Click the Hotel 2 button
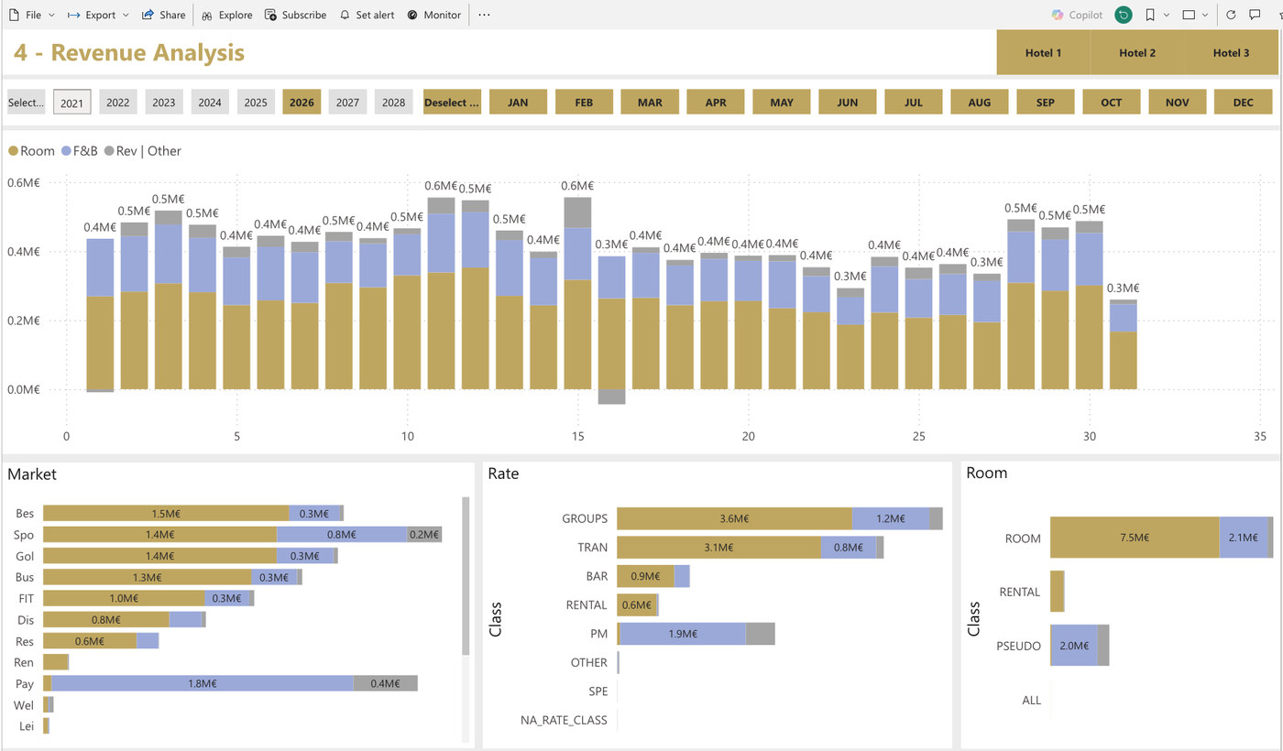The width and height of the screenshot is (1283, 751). pos(1137,53)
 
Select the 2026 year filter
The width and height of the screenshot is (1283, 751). pos(302,103)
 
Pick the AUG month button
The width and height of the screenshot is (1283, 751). pos(979,103)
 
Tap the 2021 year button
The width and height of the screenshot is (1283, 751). pos(71,103)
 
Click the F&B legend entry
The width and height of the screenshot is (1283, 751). pos(80,151)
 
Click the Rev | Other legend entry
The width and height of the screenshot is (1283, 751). pos(143,151)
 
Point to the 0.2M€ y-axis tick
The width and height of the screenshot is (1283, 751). pos(24,321)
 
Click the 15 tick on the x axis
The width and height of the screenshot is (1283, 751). pos(577,436)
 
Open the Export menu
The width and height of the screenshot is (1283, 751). pos(98,15)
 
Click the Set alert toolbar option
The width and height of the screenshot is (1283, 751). pos(367,15)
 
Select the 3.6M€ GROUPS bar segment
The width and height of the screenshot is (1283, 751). pos(734,518)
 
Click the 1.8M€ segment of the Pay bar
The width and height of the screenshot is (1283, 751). pos(203,683)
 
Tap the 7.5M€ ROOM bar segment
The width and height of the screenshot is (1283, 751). pos(1135,538)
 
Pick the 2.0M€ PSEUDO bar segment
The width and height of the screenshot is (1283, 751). pos(1074,646)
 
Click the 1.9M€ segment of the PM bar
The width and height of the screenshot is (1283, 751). pos(683,634)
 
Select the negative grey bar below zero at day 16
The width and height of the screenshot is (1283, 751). pos(612,397)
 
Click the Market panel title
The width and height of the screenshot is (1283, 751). pos(32,474)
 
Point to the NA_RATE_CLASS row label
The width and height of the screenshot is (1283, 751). pos(564,720)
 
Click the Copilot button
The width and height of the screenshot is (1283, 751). pos(1078,15)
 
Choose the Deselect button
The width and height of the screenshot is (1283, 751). pos(452,103)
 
